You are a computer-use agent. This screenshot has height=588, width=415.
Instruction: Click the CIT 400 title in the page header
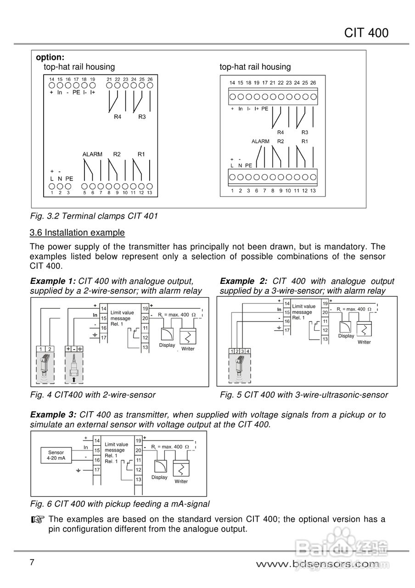click(x=366, y=33)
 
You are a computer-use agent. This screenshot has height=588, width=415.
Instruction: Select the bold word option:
click(x=50, y=57)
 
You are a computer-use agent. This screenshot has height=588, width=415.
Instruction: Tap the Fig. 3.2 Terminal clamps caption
click(x=94, y=216)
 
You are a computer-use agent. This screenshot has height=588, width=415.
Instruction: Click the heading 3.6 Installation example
click(x=77, y=232)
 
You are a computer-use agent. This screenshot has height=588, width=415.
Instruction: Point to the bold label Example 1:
click(x=52, y=281)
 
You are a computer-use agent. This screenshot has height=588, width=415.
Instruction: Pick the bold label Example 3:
click(x=52, y=415)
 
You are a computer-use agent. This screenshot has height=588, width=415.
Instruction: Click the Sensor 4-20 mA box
click(x=56, y=455)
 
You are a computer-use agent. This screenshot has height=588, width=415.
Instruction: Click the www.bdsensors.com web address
click(x=318, y=564)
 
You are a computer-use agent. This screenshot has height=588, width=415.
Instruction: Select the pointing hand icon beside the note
click(x=38, y=520)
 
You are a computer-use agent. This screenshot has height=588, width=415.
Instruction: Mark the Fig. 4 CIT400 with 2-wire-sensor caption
click(x=93, y=395)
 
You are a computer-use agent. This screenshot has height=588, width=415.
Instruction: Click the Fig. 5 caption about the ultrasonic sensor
click(x=304, y=395)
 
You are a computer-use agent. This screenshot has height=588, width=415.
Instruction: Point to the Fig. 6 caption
click(x=120, y=504)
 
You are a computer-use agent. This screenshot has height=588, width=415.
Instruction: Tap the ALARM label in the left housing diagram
click(x=92, y=154)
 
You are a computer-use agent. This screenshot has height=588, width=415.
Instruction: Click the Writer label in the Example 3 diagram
click(x=181, y=481)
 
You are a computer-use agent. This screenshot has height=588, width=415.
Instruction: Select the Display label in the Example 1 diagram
click(x=167, y=345)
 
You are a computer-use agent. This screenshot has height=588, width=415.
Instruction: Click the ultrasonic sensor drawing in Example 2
click(x=239, y=367)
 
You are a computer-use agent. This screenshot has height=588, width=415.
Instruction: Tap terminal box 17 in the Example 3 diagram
click(x=97, y=470)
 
